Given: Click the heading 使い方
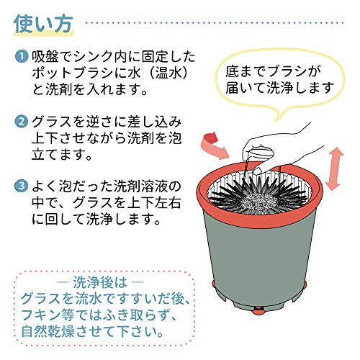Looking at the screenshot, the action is click(43, 24).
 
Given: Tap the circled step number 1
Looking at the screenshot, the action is click(22, 57).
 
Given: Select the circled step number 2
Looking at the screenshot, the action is click(22, 122).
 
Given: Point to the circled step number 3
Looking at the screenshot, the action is click(22, 186).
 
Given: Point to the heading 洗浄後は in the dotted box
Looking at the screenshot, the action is click(100, 282).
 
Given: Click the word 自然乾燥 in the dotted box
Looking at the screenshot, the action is click(48, 331).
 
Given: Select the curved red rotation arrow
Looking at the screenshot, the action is click(215, 147).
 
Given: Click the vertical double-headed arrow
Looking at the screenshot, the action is click(334, 168).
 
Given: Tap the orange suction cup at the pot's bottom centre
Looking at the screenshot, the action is click(258, 312).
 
